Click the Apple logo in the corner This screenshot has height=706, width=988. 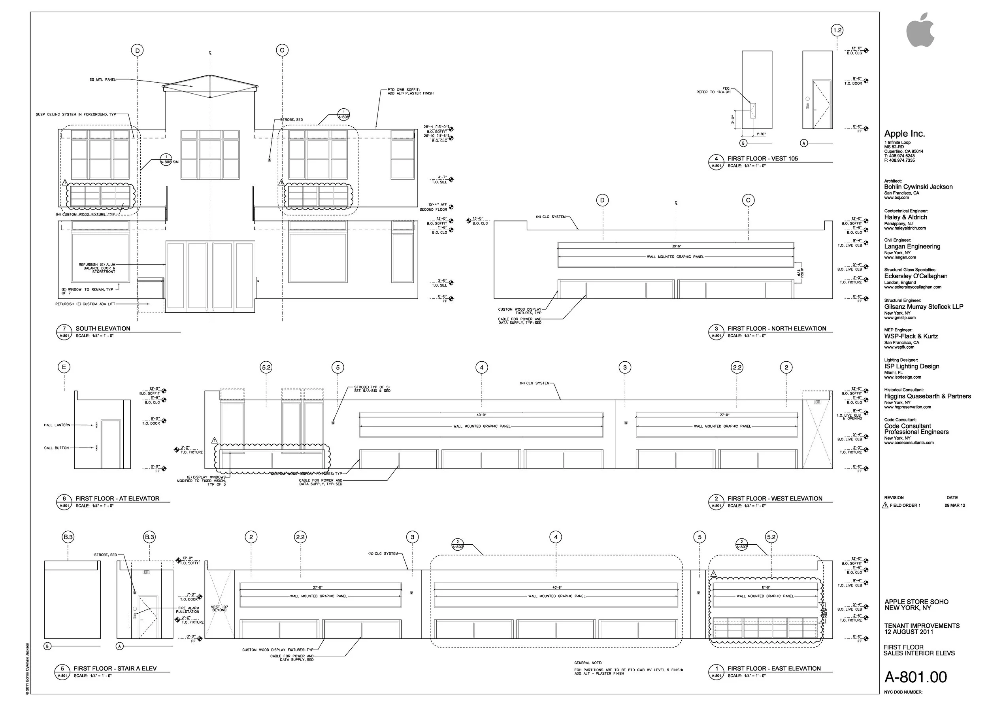(920, 30)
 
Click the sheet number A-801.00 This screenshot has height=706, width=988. (915, 677)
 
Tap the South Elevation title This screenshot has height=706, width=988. (103, 328)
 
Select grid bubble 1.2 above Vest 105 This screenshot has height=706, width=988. (837, 30)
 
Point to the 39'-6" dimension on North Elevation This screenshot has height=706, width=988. (675, 246)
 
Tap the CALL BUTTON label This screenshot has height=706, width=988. (57, 448)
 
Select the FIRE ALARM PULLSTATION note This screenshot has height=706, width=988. (188, 610)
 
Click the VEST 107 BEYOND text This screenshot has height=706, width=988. (219, 609)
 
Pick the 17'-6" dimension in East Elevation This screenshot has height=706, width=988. (766, 588)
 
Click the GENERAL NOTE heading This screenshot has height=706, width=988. (588, 663)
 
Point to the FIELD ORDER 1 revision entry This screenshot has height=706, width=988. (905, 506)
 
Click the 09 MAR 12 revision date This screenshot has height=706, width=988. (954, 506)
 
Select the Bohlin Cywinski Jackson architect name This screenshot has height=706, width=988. (918, 187)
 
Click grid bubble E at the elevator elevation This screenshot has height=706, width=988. (64, 367)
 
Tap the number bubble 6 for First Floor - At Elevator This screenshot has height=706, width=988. (64, 498)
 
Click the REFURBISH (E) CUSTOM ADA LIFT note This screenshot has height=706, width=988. (85, 304)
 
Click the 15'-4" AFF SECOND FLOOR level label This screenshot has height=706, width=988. (434, 207)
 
